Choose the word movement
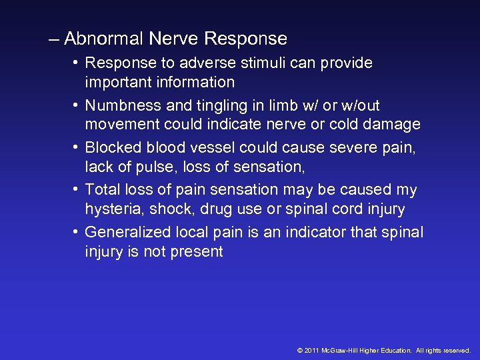coord(119,125)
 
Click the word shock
coord(163,209)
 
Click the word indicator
coord(321,232)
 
